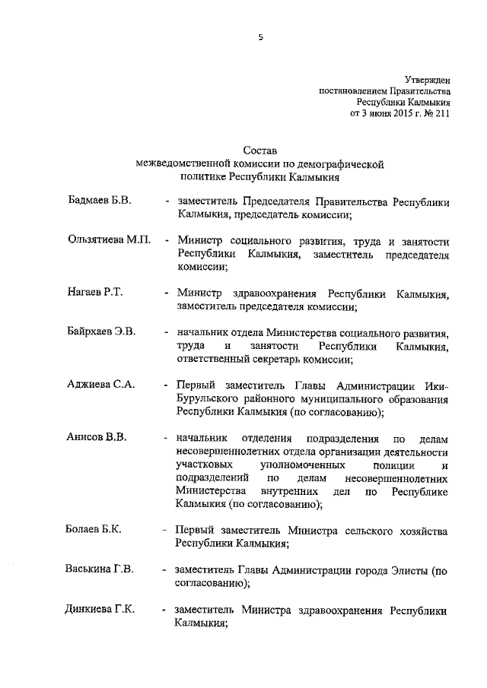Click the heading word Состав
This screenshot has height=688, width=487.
(259, 151)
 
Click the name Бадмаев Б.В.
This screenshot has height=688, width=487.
(99, 201)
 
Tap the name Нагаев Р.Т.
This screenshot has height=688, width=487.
(95, 292)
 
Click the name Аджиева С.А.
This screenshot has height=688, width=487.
(100, 385)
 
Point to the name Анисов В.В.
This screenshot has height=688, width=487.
(95, 438)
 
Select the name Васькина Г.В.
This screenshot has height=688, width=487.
(100, 569)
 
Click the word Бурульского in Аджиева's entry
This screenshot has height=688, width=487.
(210, 398)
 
